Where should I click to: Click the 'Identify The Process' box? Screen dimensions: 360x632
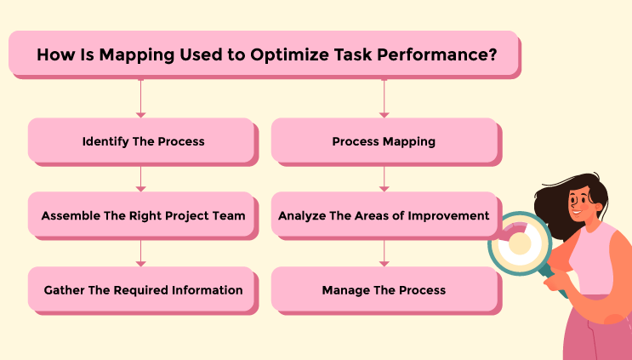[x=142, y=141]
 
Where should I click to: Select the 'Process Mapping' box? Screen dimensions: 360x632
[x=384, y=141]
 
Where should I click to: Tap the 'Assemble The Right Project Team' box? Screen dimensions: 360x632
[x=142, y=215]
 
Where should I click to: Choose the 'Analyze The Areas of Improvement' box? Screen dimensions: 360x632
[x=384, y=215]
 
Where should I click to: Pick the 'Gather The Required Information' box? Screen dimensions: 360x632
[x=142, y=290]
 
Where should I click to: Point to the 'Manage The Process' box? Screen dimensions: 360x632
[x=384, y=290]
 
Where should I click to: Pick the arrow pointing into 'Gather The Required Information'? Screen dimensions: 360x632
[x=141, y=252]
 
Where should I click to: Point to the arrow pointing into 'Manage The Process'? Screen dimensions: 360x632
[x=384, y=252]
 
